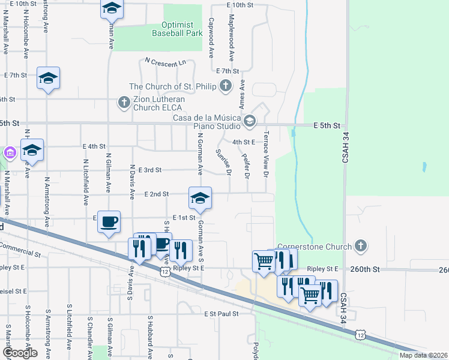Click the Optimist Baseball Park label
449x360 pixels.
click(173, 29)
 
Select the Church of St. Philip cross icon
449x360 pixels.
click(226, 86)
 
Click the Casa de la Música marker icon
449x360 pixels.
click(250, 122)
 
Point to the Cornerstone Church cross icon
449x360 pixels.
click(360, 245)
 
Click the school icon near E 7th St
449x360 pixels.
click(48, 78)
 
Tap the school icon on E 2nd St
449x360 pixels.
click(200, 197)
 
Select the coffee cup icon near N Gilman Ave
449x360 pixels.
click(109, 221)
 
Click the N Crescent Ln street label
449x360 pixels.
click(166, 62)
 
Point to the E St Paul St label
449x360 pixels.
click(221, 313)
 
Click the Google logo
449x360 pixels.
click(19, 353)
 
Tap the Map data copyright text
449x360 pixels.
click(424, 355)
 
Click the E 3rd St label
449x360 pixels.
click(149, 170)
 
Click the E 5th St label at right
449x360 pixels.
click(327, 125)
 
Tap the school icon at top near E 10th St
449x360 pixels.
click(112, 8)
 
